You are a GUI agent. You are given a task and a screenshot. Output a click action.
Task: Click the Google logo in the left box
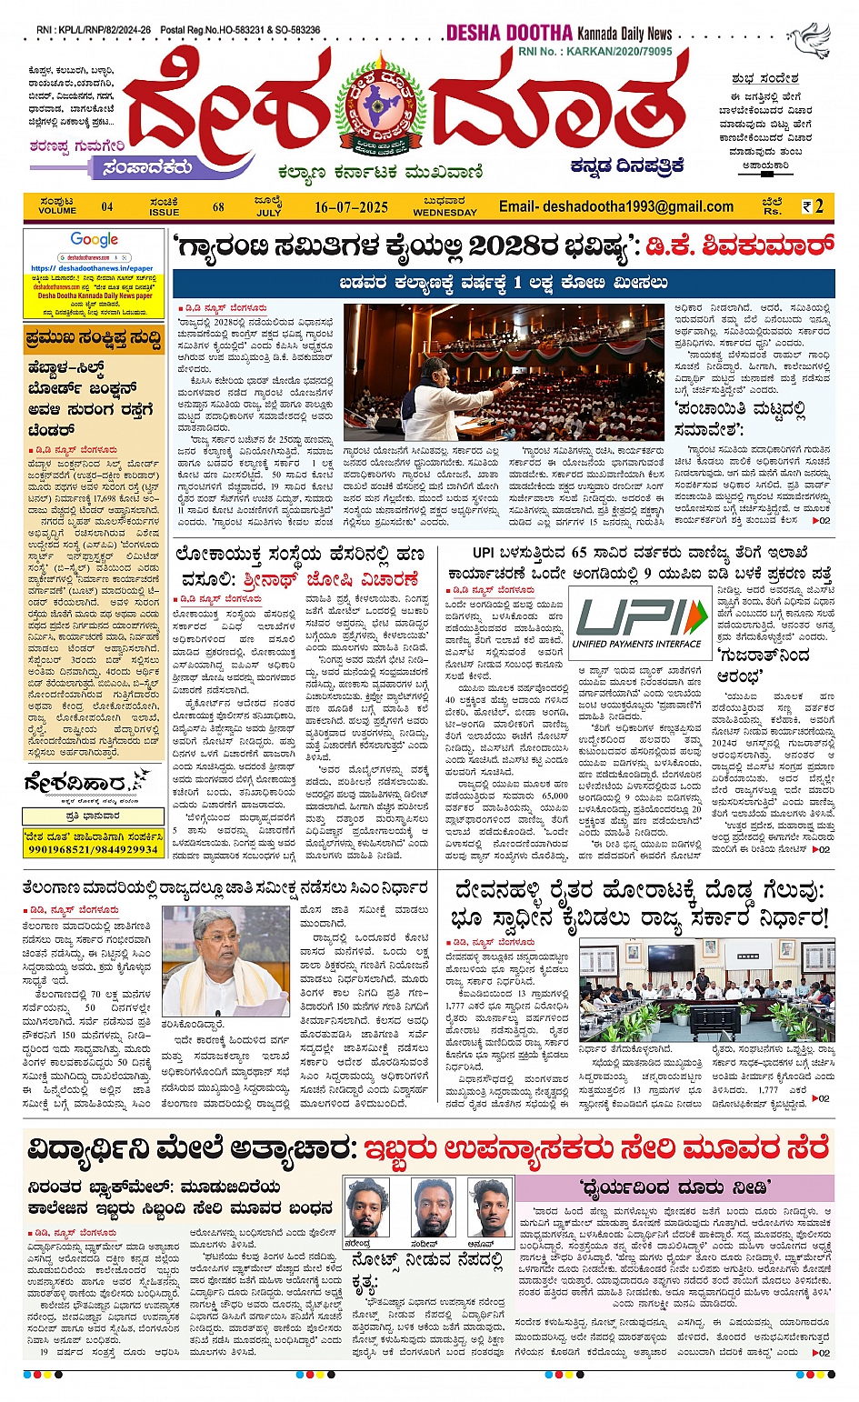pyautogui.click(x=95, y=240)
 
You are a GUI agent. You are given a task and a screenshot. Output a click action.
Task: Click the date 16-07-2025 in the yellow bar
pyautogui.click(x=351, y=207)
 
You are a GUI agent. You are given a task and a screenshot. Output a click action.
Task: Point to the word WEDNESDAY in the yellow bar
pyautogui.click(x=444, y=213)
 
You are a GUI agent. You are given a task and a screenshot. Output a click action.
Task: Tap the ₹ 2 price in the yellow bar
pyautogui.click(x=814, y=207)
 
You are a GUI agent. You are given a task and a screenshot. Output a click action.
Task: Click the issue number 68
pyautogui.click(x=218, y=207)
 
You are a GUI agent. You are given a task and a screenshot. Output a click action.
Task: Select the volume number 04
pyautogui.click(x=107, y=207)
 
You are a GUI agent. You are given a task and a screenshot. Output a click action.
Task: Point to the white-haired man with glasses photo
pyautogui.click(x=225, y=960)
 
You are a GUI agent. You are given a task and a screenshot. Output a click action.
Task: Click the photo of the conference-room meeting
pyautogui.click(x=706, y=990)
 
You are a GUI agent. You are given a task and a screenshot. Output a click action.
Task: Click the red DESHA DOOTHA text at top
pyautogui.click(x=509, y=33)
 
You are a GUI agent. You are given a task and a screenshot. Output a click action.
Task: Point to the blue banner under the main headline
pyautogui.click(x=504, y=283)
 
